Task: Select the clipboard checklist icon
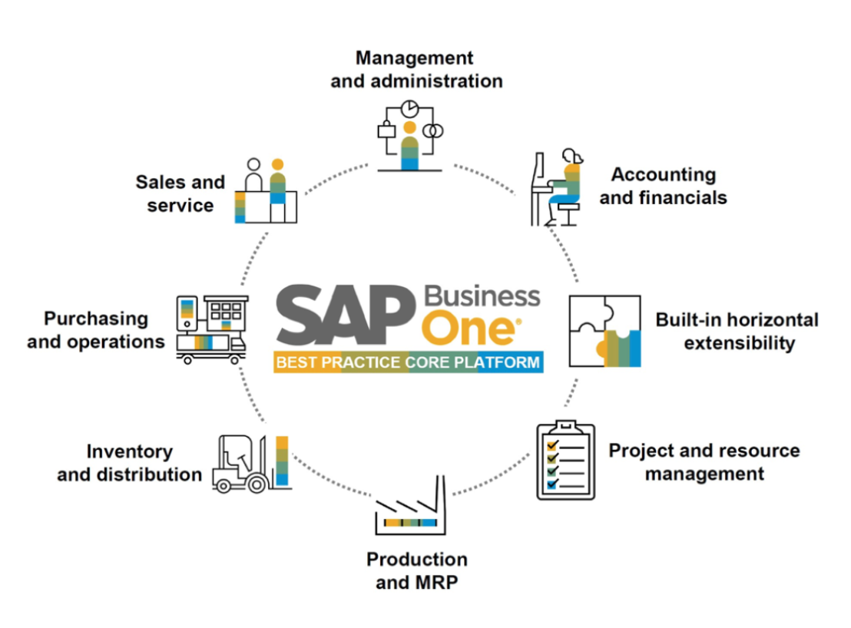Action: coord(565,460)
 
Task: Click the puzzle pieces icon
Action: coord(604,331)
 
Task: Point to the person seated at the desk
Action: coord(560,188)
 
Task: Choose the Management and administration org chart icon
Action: coord(410,134)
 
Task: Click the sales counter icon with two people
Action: coord(265,192)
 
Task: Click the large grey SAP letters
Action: coord(346,315)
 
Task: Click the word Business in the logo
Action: coord(482,296)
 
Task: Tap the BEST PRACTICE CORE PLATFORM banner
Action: coord(408,362)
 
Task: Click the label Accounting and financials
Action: coord(663,187)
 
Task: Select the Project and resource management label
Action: coord(704,461)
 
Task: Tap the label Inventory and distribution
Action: coord(129,463)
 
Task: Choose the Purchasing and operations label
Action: coord(96,329)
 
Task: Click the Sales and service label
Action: coord(180,193)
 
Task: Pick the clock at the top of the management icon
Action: coord(410,106)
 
